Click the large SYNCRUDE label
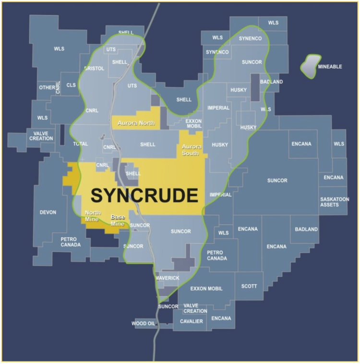pyautogui.click(x=144, y=195)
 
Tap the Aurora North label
pyautogui.click(x=137, y=123)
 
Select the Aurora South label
pyautogui.click(x=192, y=150)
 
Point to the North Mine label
pyautogui.click(x=93, y=216)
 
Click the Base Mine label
pyautogui.click(x=118, y=220)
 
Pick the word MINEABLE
pyautogui.click(x=330, y=67)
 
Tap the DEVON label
pyautogui.click(x=48, y=212)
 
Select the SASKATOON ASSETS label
pyautogui.click(x=335, y=202)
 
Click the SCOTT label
pyautogui.click(x=249, y=286)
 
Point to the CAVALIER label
pyautogui.click(x=192, y=321)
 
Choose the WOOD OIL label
pyautogui.click(x=143, y=324)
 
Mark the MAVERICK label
pyautogui.click(x=167, y=278)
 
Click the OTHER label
pyautogui.click(x=47, y=88)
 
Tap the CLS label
pyautogui.click(x=71, y=85)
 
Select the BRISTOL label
pyautogui.click(x=94, y=69)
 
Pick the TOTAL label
pyautogui.click(x=81, y=144)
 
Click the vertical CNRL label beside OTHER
pyautogui.click(x=58, y=87)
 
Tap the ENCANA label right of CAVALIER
pyautogui.click(x=221, y=318)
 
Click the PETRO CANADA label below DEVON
pyautogui.click(x=71, y=242)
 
